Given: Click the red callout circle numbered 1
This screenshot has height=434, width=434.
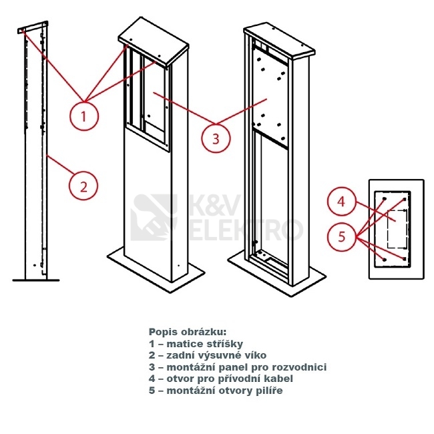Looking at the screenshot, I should point(83,116).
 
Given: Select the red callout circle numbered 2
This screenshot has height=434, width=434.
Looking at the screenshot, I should point(83,186).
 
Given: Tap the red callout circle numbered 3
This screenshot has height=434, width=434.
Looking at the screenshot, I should point(215,138).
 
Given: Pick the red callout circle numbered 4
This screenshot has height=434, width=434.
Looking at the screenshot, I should point(341,201).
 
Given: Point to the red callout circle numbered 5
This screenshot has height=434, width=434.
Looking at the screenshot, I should point(341,235).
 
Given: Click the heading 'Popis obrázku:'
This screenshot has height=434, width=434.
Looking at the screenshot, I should point(188,332).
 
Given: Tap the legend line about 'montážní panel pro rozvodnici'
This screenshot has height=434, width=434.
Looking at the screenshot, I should point(237,367).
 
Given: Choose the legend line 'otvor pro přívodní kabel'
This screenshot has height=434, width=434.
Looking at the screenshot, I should point(221,379).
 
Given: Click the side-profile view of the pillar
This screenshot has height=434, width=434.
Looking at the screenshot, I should point(35,154).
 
